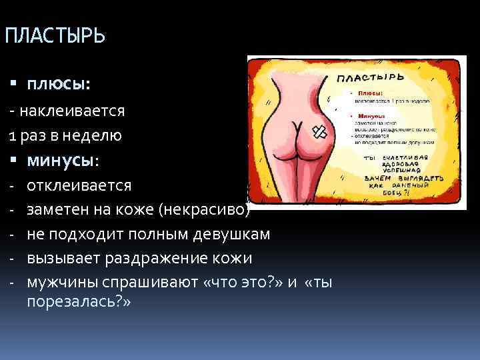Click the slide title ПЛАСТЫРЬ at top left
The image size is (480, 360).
[x=54, y=35]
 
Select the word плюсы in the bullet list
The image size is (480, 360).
[x=59, y=85]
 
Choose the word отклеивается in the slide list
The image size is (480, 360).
[x=79, y=185]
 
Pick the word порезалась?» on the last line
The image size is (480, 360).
[x=79, y=302]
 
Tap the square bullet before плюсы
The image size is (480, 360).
[x=13, y=85]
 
